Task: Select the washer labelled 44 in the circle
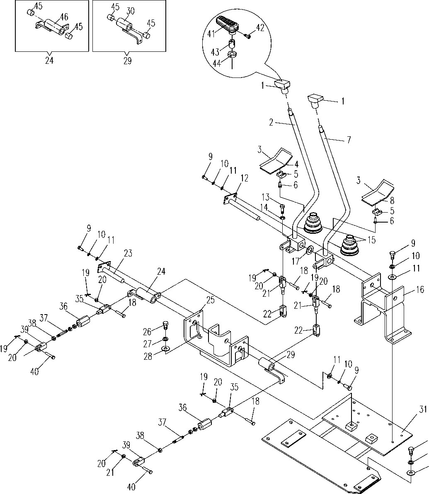tap(232, 55)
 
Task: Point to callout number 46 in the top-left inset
tap(64, 17)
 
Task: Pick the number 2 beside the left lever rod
tap(271, 122)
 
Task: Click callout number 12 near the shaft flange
tap(244, 179)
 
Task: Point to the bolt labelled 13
tap(283, 206)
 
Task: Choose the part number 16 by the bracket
tap(421, 290)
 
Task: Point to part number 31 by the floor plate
tap(422, 410)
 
